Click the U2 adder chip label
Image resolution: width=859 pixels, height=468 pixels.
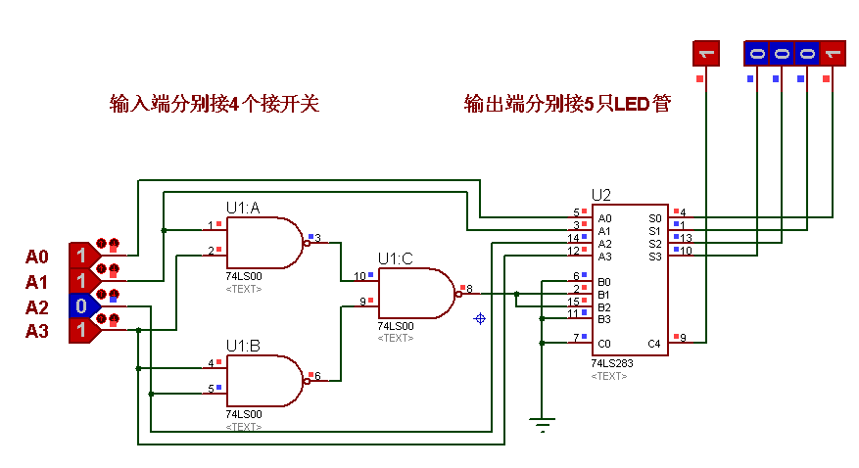pyautogui.click(x=600, y=195)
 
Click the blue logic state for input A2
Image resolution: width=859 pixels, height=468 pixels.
pyautogui.click(x=82, y=306)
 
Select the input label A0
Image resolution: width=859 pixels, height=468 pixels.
pyautogui.click(x=36, y=257)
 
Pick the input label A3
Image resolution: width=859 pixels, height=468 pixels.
pyautogui.click(x=36, y=332)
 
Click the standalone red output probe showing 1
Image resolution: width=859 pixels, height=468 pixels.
pyautogui.click(x=705, y=53)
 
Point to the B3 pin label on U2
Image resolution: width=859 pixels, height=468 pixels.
pyautogui.click(x=605, y=318)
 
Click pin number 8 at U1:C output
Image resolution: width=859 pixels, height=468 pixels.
pyautogui.click(x=469, y=288)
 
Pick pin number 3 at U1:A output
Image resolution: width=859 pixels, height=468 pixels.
pyautogui.click(x=317, y=237)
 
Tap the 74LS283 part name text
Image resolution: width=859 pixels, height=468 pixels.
pyautogui.click(x=612, y=363)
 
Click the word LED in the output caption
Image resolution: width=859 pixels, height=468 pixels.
pyautogui.click(x=632, y=104)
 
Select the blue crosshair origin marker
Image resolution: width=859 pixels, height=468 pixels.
pyautogui.click(x=480, y=318)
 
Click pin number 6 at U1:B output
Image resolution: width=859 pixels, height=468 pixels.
pyautogui.click(x=316, y=375)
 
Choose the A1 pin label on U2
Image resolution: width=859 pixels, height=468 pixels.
pyautogui.click(x=605, y=231)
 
